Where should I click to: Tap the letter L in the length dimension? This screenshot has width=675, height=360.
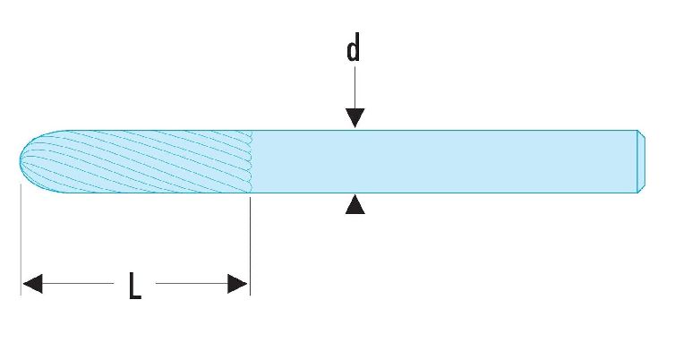pyautogui.click(x=135, y=286)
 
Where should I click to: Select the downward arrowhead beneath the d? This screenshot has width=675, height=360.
pyautogui.click(x=355, y=118)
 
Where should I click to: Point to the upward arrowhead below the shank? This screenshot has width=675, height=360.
pyautogui.click(x=355, y=204)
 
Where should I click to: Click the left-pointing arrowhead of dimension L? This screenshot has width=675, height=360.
pyautogui.click(x=32, y=283)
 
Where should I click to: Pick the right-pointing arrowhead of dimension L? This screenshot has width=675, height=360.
pyautogui.click(x=237, y=283)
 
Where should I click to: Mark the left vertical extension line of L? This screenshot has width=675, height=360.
pyautogui.click(x=21, y=239)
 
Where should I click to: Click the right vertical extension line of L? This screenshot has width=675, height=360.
pyautogui.click(x=250, y=246)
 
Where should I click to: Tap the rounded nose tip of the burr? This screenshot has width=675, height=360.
pyautogui.click(x=21, y=161)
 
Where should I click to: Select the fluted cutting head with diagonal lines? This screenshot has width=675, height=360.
pyautogui.click(x=135, y=161)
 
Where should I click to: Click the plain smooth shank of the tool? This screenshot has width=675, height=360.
pyautogui.click(x=443, y=161)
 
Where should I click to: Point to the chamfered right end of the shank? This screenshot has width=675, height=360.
pyautogui.click(x=641, y=161)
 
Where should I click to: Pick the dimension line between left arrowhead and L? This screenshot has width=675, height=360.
pyautogui.click(x=78, y=283)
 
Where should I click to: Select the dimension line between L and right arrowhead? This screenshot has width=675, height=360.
pyautogui.click(x=192, y=283)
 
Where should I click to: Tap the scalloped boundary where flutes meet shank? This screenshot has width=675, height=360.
pyautogui.click(x=251, y=161)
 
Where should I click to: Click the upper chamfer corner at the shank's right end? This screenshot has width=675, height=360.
pyautogui.click(x=638, y=130)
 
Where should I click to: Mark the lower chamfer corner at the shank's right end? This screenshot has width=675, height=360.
pyautogui.click(x=638, y=193)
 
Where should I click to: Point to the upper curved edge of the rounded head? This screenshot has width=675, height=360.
pyautogui.click(x=36, y=138)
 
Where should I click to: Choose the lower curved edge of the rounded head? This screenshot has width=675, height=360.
pyautogui.click(x=36, y=185)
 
